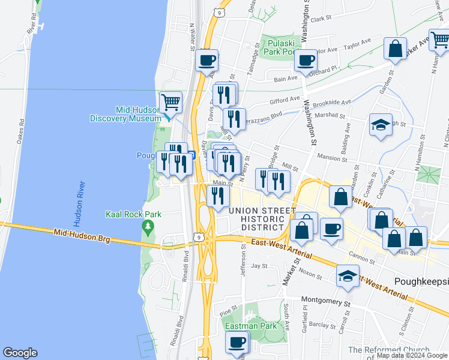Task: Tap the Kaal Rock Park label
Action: (128, 214)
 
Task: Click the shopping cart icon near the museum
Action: (171, 102)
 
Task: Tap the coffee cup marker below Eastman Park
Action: (237, 343)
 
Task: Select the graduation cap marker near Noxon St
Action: (348, 275)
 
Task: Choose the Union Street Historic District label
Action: (255, 219)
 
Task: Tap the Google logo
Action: (20, 353)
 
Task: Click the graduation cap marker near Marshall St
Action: (381, 125)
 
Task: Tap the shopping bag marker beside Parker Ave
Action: (396, 50)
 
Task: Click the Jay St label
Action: (259, 265)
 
